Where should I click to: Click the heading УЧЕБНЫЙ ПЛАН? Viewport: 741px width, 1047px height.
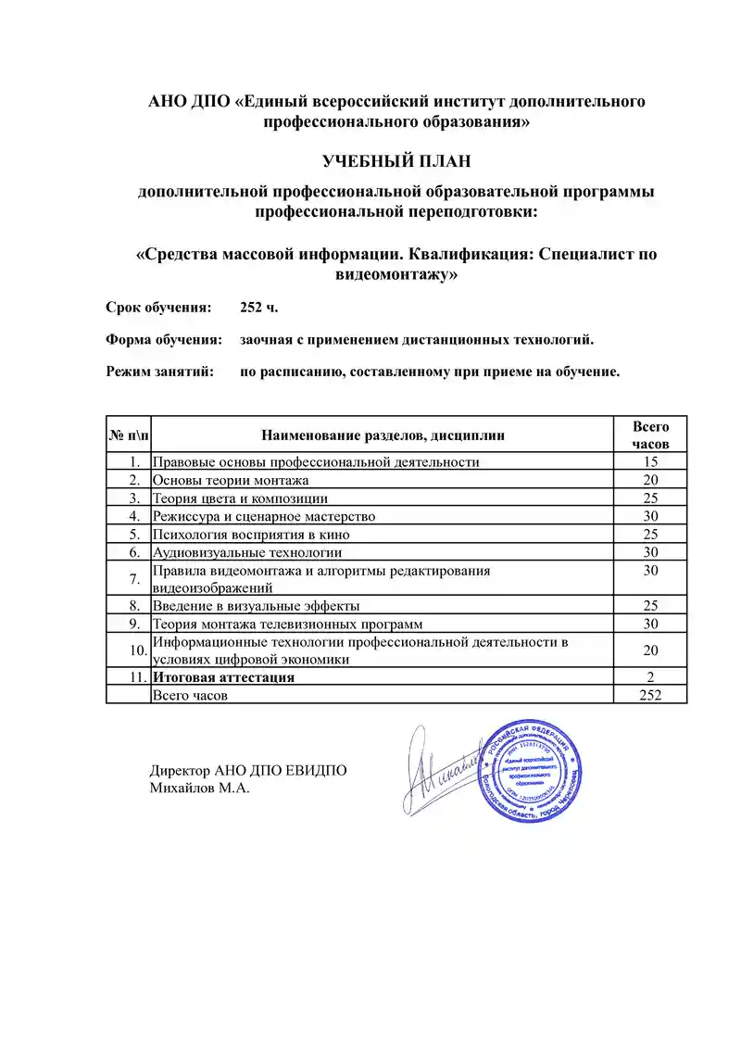click(x=396, y=161)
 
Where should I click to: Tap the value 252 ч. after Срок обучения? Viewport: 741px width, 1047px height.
click(x=258, y=307)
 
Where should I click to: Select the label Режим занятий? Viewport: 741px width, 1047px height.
click(x=160, y=372)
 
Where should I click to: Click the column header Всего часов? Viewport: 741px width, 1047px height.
click(x=650, y=435)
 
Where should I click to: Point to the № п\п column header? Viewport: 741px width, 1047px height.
click(x=129, y=435)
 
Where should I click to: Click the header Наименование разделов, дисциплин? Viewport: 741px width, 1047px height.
click(x=383, y=435)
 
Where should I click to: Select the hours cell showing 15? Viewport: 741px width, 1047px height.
click(x=650, y=462)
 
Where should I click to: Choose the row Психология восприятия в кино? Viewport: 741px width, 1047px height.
click(x=251, y=535)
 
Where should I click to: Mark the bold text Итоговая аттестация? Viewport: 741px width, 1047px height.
click(x=223, y=677)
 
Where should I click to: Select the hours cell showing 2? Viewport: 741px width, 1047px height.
click(x=650, y=677)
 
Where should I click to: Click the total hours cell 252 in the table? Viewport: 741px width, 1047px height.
click(x=650, y=695)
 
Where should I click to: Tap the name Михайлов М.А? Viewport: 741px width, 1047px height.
click(x=200, y=788)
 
